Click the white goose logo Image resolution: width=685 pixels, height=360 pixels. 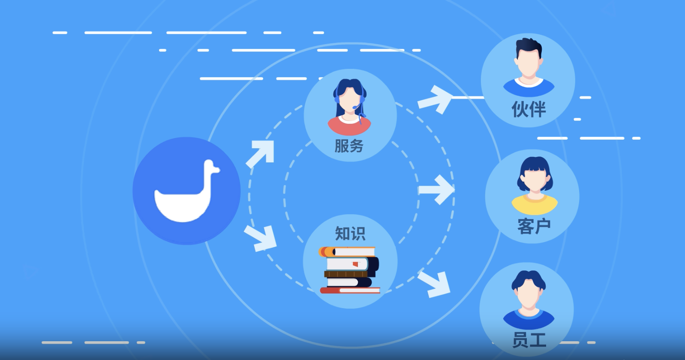pyautogui.click(x=187, y=191)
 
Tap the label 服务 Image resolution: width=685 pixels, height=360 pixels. pyautogui.click(x=349, y=146)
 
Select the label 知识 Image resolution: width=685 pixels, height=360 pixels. pyautogui.click(x=350, y=234)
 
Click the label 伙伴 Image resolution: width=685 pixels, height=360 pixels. pyautogui.click(x=529, y=109)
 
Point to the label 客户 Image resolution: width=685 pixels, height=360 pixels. pyautogui.click(x=534, y=226)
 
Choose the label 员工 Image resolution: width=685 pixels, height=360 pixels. pyautogui.click(x=529, y=340)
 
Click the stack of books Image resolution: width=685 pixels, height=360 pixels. pyautogui.click(x=349, y=270)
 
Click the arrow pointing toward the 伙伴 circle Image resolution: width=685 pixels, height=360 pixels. pyautogui.click(x=435, y=99)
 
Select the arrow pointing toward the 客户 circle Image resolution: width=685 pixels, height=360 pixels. pyautogui.click(x=436, y=189)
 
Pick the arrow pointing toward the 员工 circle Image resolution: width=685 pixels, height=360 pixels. pyautogui.click(x=434, y=284)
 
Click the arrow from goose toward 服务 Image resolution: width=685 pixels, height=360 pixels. pyautogui.click(x=260, y=154)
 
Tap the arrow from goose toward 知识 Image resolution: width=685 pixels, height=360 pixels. pyautogui.click(x=261, y=239)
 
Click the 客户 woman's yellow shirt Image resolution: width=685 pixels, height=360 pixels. pyautogui.click(x=535, y=204)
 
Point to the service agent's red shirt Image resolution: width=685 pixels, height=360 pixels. pyautogui.click(x=349, y=126)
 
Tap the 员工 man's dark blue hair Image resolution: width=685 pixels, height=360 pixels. pyautogui.click(x=529, y=279)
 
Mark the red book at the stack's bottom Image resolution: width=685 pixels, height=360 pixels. pyautogui.click(x=350, y=290)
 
